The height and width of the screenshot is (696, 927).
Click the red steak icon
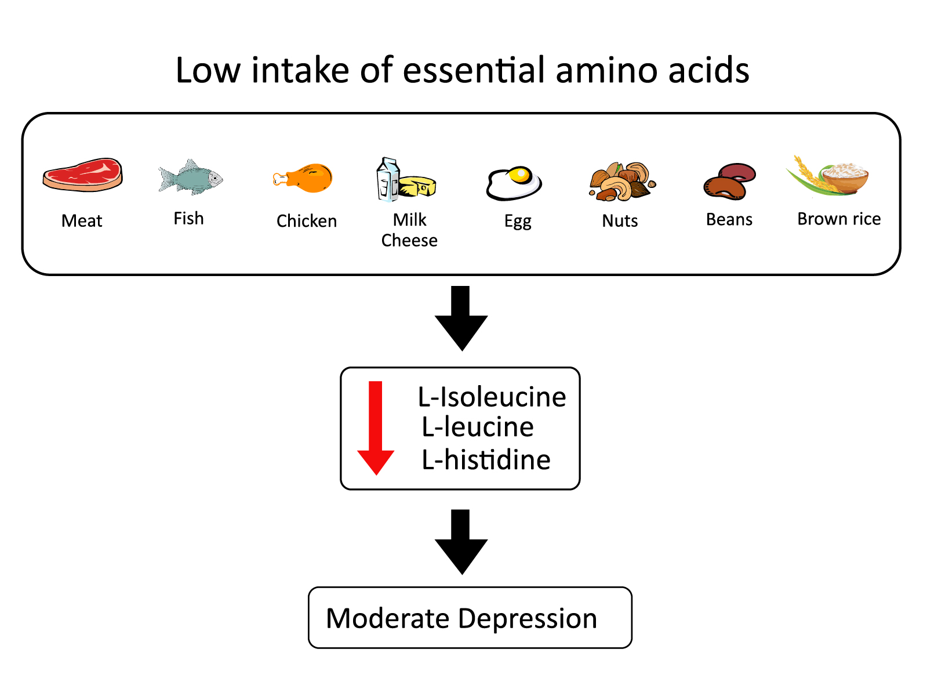(82, 175)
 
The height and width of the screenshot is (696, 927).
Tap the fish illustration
(190, 177)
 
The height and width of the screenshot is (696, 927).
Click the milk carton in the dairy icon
(387, 180)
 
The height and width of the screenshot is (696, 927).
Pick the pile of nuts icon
(621, 182)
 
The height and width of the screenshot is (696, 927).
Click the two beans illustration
(729, 182)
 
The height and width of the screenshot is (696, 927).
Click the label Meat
(82, 221)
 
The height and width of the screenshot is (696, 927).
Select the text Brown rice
(838, 219)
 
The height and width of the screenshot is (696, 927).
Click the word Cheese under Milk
(409, 240)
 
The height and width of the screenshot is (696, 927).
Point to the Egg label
(518, 222)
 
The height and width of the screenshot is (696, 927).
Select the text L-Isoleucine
(492, 397)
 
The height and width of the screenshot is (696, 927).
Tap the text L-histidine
(486, 460)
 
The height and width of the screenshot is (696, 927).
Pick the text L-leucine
(477, 427)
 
